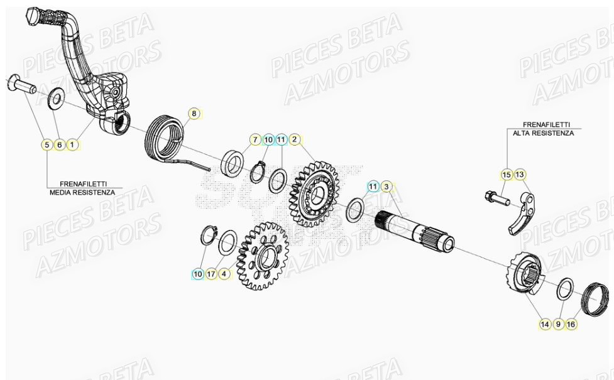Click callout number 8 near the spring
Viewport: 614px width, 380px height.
pos(194,114)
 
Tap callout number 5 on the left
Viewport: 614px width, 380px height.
pos(46,144)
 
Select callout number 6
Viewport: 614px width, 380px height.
pos(59,144)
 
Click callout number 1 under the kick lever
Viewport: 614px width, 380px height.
pos(72,144)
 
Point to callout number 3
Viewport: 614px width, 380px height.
pos(386,186)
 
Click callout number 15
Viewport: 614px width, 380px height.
pos(507,174)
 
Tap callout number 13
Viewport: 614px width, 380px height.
pos(520,174)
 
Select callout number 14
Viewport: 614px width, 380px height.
pos(544,324)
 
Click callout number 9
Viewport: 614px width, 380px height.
pos(557,324)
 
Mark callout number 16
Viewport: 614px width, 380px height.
pos(571,324)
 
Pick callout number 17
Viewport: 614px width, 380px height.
pos(211,274)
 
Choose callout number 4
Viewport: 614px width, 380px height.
pos(224,274)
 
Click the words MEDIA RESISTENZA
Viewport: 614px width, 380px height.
pos(82,192)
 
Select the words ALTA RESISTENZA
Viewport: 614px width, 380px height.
pos(543,133)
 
